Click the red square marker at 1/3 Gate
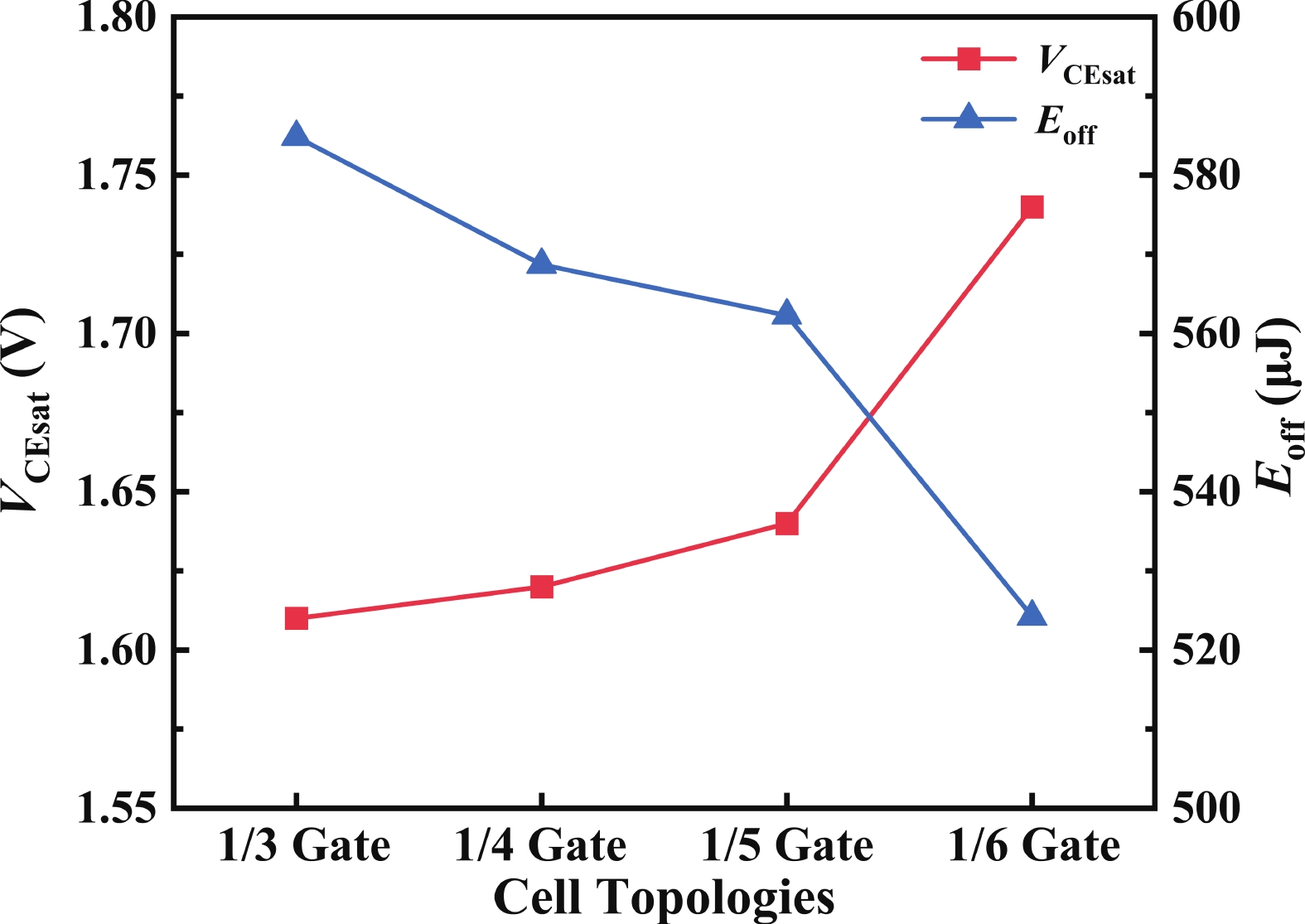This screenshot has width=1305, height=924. click(x=296, y=618)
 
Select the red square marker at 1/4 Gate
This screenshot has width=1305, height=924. click(x=541, y=587)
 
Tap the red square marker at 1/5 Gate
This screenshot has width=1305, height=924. click(x=786, y=523)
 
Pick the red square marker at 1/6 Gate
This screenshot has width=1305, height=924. click(x=1032, y=207)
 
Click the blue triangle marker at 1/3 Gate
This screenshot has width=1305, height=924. click(x=296, y=135)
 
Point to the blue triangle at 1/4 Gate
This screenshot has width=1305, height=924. click(x=541, y=263)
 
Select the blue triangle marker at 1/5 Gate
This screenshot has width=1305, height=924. click(x=786, y=313)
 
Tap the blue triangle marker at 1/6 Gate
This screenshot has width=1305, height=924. click(x=1032, y=615)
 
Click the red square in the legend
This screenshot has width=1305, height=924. click(x=969, y=59)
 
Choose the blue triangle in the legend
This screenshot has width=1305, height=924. click(x=969, y=118)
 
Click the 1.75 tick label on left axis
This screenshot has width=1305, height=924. click(x=116, y=176)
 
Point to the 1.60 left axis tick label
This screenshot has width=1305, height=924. click(x=116, y=651)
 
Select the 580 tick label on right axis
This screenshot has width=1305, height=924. click(x=1206, y=176)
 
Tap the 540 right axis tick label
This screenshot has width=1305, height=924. click(x=1206, y=492)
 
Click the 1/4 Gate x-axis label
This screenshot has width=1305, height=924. click(x=541, y=846)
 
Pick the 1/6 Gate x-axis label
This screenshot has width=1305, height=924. click(x=1033, y=846)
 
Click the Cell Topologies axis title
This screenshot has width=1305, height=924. click(x=664, y=897)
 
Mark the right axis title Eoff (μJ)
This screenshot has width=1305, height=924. click(x=1277, y=406)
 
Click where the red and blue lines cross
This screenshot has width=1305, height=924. click(x=869, y=415)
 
